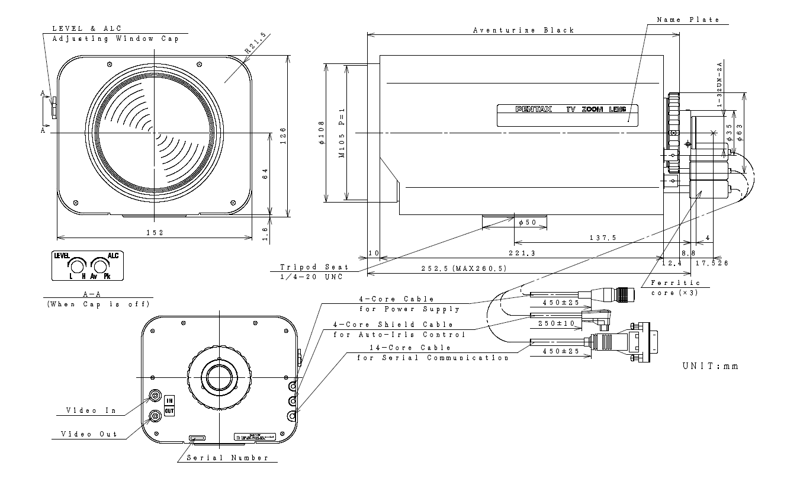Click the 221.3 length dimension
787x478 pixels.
click(x=521, y=253)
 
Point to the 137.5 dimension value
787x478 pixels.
click(x=602, y=238)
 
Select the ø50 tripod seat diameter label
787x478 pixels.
click(x=528, y=223)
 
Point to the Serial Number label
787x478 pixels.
click(x=227, y=458)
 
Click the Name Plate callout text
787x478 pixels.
click(x=688, y=20)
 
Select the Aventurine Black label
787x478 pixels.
click(x=523, y=30)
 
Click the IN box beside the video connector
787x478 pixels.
click(x=169, y=400)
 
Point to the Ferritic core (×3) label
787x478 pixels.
click(x=671, y=288)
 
